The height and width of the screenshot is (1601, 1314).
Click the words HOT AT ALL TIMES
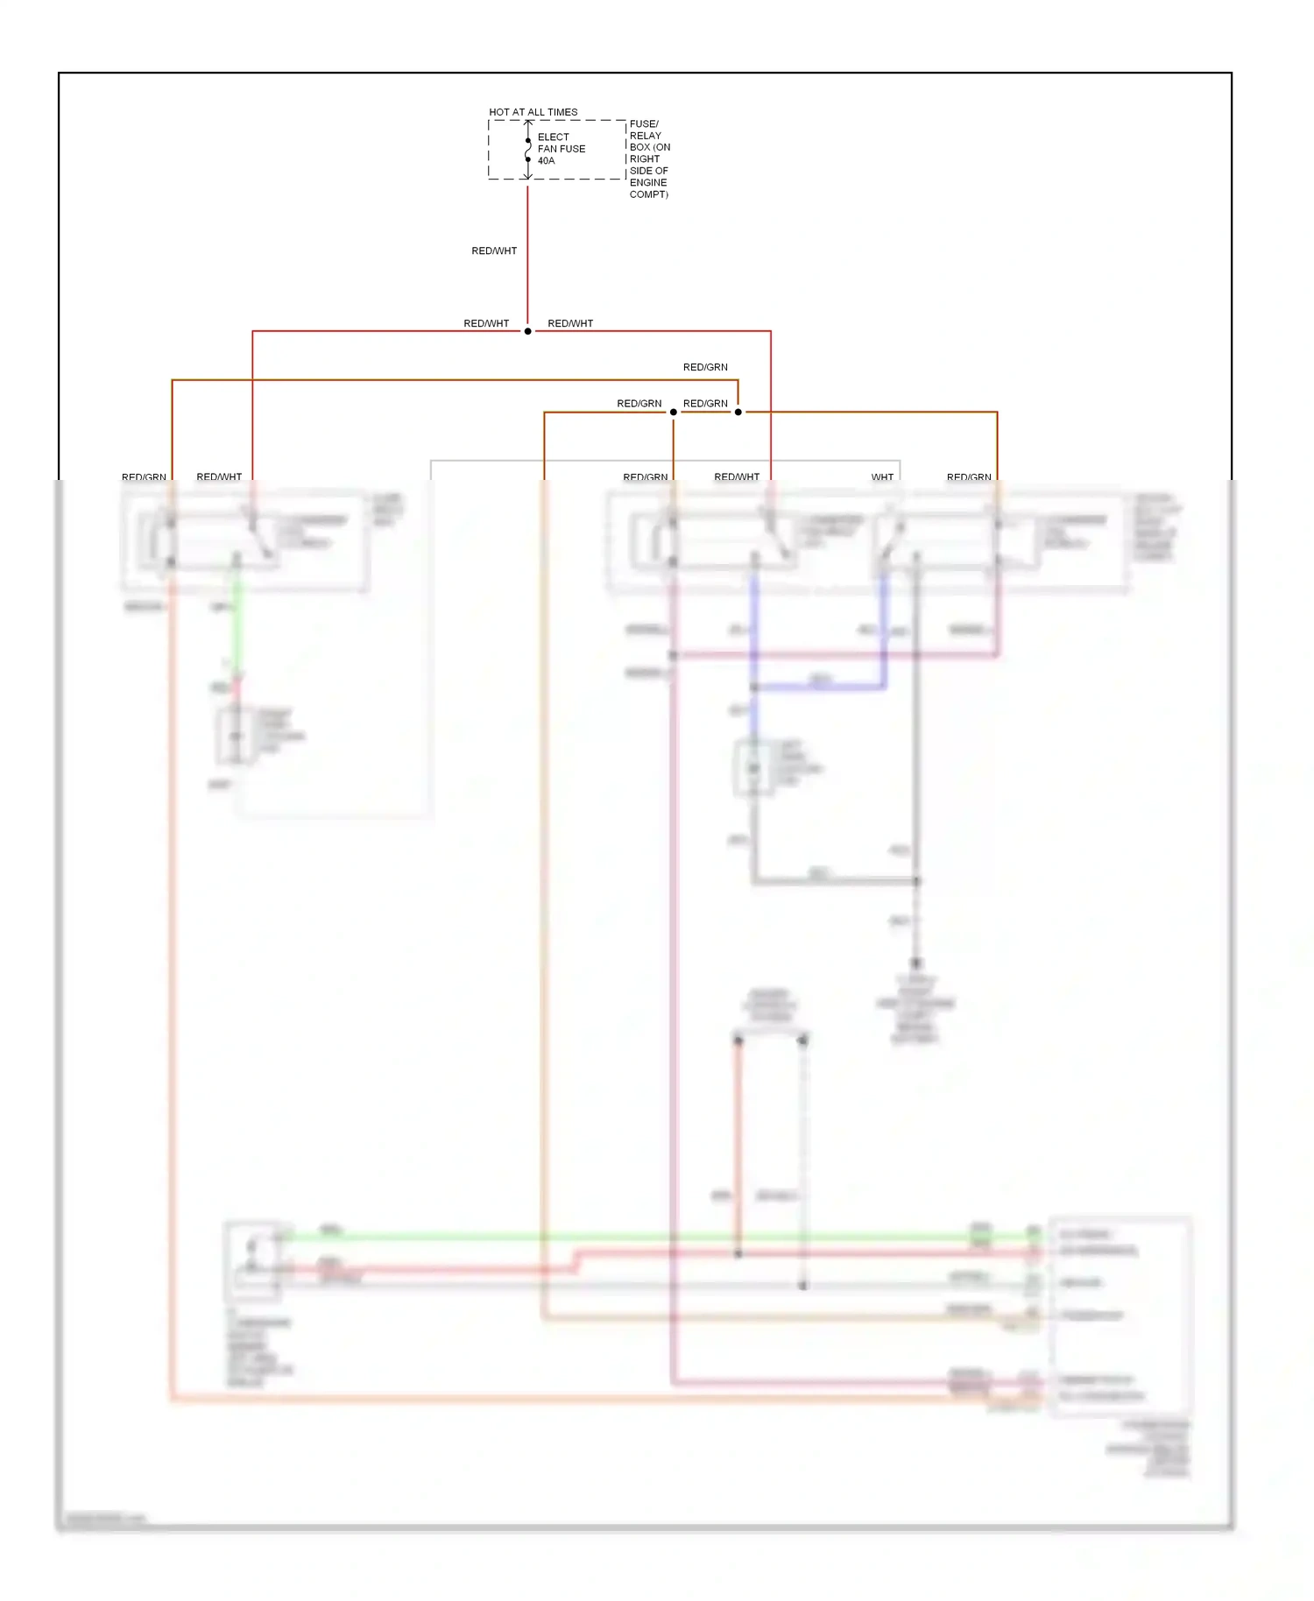coord(533,112)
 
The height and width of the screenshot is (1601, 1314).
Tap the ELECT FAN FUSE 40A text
coord(561,149)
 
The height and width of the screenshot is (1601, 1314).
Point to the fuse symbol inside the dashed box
coord(527,151)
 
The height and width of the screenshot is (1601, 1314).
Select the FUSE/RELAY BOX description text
coord(649,159)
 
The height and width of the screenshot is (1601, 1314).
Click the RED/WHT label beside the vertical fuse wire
coord(494,251)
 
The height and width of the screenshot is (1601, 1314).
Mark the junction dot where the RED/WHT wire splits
coord(527,331)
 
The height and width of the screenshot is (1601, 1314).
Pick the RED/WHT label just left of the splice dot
coord(486,324)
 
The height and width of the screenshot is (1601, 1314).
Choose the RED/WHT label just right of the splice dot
coord(570,324)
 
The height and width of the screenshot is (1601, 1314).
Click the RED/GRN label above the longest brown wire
coord(705,368)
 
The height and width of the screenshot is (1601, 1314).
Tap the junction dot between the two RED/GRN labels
coord(674,412)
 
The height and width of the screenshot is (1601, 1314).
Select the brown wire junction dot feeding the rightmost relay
coord(738,412)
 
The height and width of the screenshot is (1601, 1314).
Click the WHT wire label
coord(882,477)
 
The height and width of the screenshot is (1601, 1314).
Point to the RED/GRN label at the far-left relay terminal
coord(144,477)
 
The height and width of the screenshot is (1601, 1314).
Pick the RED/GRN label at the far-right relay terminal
coord(969,477)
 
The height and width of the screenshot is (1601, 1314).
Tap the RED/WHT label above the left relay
coord(219,477)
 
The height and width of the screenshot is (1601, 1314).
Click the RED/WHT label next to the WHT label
coord(737,477)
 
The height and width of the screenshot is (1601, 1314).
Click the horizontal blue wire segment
coord(819,688)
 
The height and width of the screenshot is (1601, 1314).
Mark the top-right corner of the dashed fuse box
coord(625,121)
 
